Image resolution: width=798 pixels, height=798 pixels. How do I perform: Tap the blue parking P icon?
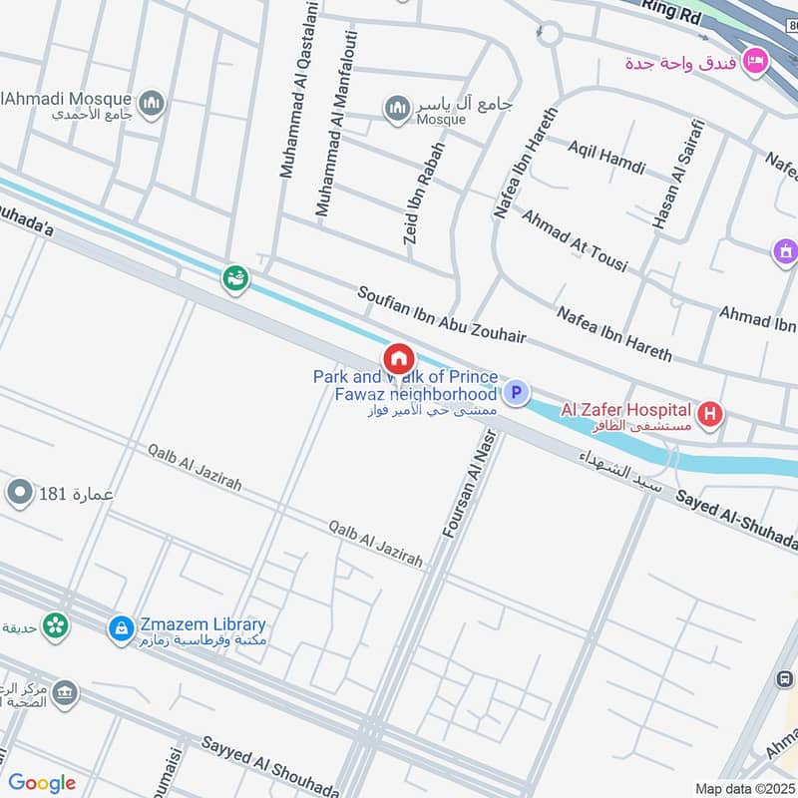click(x=516, y=393)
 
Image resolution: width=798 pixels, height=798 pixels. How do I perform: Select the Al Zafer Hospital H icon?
click(x=709, y=412)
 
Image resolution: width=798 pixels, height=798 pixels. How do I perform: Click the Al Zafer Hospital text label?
click(x=625, y=409)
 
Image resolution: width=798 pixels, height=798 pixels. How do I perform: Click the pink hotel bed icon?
click(x=755, y=61)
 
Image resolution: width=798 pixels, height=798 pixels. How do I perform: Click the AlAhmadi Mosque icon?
click(x=152, y=103)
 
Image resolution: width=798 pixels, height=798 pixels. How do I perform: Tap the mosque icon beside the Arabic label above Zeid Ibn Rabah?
click(x=398, y=107)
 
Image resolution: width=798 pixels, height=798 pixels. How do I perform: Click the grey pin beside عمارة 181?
click(x=20, y=492)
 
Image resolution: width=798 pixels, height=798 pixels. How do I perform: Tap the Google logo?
click(x=42, y=783)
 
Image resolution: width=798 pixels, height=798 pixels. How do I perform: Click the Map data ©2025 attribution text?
click(x=743, y=788)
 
